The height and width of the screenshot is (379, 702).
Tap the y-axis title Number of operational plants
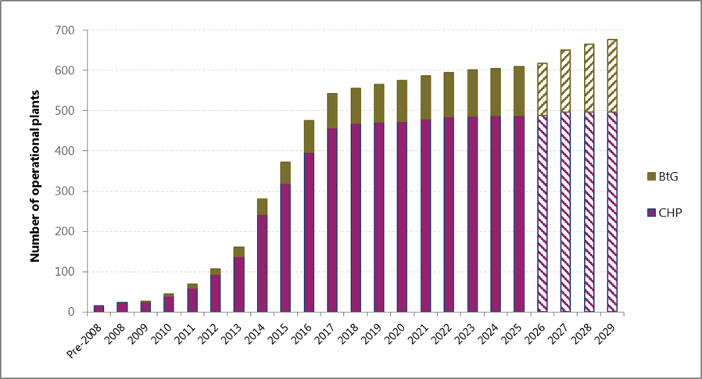tap(35, 170)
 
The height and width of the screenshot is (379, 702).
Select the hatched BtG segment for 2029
tap(611, 76)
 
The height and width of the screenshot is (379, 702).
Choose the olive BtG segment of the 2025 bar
tap(518, 91)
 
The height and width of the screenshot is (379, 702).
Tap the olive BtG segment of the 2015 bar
tap(285, 173)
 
